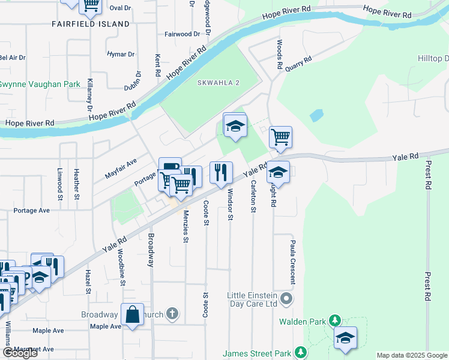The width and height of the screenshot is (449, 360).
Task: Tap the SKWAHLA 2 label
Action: pos(219,82)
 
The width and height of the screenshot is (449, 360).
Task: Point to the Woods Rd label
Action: pos(280,53)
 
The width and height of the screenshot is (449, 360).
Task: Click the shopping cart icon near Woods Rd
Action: pos(280,137)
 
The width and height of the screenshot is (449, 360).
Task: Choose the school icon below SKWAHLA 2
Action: pos(235,125)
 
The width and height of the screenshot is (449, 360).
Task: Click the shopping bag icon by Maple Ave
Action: pos(132,314)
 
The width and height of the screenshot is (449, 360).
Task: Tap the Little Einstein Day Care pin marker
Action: pos(288,298)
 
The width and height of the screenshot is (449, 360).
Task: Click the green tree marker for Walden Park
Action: pos(335,321)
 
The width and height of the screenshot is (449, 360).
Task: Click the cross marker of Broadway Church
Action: pos(172,314)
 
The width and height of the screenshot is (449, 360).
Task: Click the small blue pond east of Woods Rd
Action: pos(316,115)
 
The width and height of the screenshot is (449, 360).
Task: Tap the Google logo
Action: pos(20,353)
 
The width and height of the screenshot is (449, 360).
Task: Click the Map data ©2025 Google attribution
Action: pos(412,355)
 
